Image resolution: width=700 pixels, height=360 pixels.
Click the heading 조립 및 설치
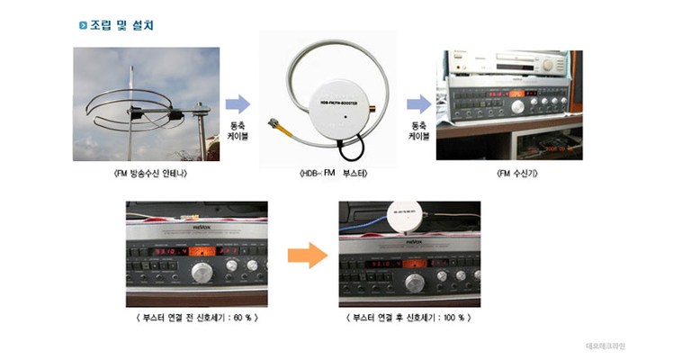122,25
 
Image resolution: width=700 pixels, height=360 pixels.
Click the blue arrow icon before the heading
83,25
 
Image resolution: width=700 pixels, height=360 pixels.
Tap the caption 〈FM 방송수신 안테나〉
146,172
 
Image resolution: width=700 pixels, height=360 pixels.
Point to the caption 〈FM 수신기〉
509,172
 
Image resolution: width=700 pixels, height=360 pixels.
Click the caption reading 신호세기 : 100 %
408,318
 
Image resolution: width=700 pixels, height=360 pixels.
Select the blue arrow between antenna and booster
237,104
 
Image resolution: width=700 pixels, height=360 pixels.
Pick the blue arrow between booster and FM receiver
418,104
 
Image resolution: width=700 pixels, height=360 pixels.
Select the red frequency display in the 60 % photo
166,253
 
